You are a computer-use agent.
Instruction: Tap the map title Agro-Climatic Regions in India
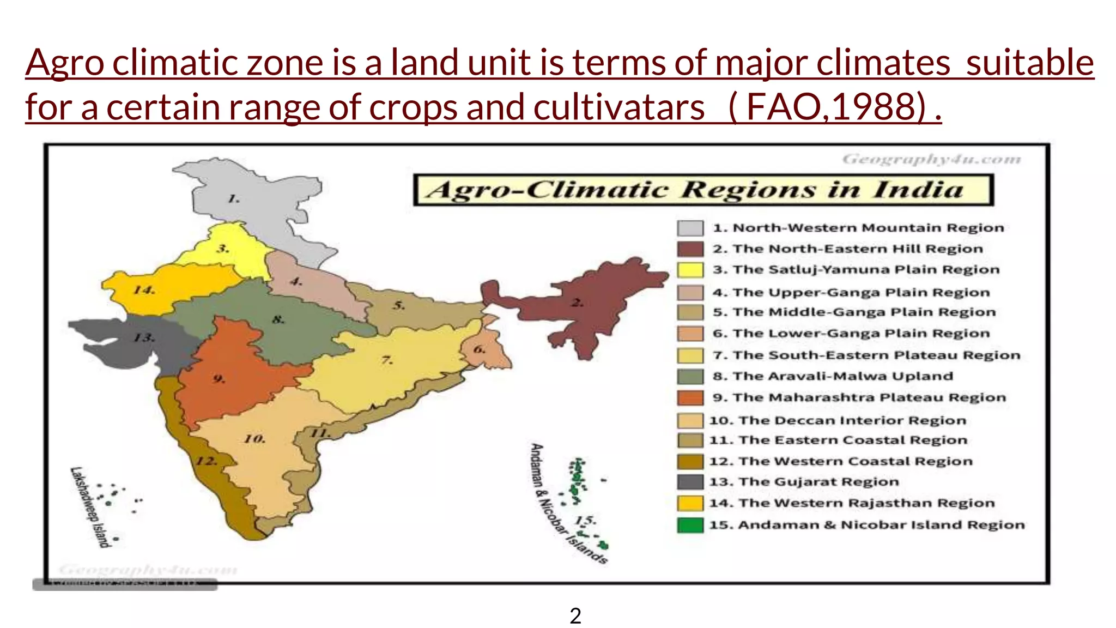(x=703, y=190)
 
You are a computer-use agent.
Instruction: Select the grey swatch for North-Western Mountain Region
(x=690, y=228)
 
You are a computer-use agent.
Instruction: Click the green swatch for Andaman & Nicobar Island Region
(x=690, y=525)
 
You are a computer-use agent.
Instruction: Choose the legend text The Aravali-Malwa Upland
(x=833, y=376)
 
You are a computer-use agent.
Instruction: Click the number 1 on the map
(x=234, y=198)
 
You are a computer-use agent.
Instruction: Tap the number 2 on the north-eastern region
(x=577, y=303)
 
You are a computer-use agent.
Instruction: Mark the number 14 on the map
(x=144, y=289)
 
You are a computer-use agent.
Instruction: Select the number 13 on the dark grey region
(x=144, y=337)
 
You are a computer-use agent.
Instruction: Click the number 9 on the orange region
(x=219, y=378)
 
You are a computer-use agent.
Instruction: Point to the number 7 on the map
(x=387, y=360)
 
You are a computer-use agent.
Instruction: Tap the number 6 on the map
(x=480, y=349)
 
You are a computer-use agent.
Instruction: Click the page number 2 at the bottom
(x=575, y=616)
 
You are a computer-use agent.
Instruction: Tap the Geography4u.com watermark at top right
(x=931, y=159)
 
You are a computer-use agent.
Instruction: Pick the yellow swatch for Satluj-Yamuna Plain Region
(x=690, y=270)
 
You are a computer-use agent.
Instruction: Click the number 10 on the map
(x=254, y=438)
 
